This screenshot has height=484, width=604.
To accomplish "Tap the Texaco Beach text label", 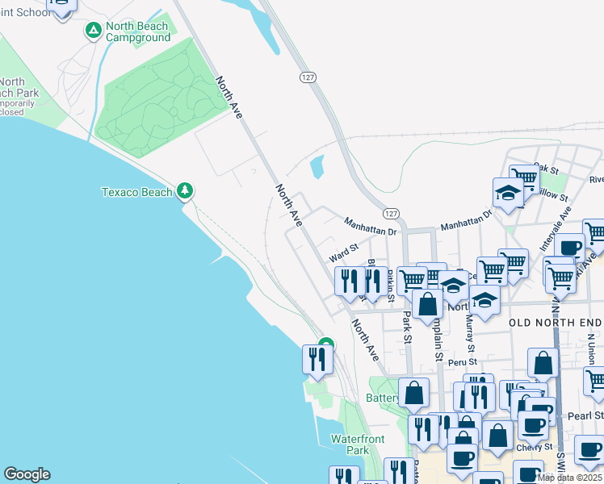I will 136,192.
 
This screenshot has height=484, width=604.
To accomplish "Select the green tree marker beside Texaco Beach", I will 187,190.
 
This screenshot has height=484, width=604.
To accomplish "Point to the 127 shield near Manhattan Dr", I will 391,213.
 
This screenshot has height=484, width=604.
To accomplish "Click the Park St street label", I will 406,326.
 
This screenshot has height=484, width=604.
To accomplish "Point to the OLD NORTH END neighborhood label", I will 556,322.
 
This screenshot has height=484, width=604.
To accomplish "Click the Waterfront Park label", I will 358,444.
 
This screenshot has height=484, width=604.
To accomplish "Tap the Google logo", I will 27,474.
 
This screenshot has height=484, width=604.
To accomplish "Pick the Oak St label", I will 546,169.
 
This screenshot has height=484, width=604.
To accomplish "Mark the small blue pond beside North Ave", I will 317,167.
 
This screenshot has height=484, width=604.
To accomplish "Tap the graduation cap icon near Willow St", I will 508,194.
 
